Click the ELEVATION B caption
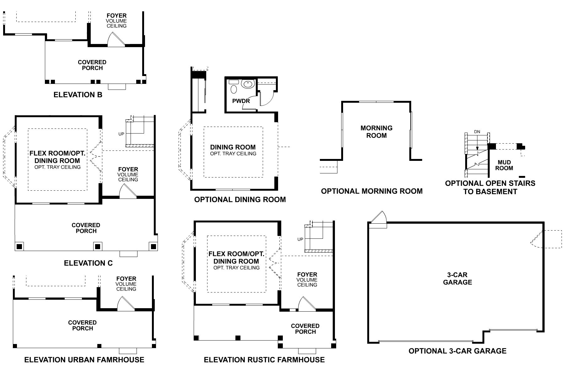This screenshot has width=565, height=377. pyautogui.click(x=78, y=95)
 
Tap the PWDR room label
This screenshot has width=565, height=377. pyautogui.click(x=241, y=101)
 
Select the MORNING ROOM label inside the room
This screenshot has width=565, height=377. pyautogui.click(x=376, y=132)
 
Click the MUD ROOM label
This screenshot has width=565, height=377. pyautogui.click(x=504, y=165)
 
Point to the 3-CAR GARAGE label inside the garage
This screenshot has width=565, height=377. pyautogui.click(x=457, y=278)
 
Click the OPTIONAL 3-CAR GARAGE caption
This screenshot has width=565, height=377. pyautogui.click(x=457, y=351)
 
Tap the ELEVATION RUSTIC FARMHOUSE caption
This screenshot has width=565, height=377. pyautogui.click(x=264, y=360)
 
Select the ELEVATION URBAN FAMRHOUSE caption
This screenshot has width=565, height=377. pyautogui.click(x=84, y=360)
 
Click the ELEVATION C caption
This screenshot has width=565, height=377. pyautogui.click(x=88, y=263)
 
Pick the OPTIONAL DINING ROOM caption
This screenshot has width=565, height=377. pyautogui.click(x=240, y=199)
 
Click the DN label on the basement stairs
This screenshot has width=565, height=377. pyautogui.click(x=477, y=132)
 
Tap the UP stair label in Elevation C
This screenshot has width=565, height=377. pyautogui.click(x=121, y=134)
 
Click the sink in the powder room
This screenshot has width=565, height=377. pyautogui.click(x=248, y=85)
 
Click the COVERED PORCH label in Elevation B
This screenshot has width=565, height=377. pyautogui.click(x=92, y=65)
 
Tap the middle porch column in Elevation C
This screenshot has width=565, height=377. pyautogui.click(x=98, y=246)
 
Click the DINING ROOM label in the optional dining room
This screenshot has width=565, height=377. pyautogui.click(x=233, y=147)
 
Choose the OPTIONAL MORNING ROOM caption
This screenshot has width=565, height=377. pyautogui.click(x=372, y=191)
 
